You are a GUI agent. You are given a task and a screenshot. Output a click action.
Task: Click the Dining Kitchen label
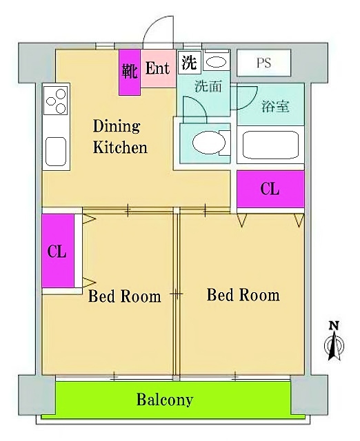(x=120, y=136)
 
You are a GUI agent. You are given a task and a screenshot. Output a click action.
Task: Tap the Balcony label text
(x=164, y=400)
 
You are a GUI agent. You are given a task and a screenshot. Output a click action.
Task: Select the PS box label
(x=263, y=63)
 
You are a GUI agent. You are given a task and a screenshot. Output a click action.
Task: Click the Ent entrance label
(x=158, y=68)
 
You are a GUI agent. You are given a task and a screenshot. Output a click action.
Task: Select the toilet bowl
(x=209, y=143)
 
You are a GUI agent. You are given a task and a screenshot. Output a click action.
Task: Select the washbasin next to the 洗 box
(x=216, y=62)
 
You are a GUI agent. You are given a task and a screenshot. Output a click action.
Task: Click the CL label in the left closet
(x=57, y=252)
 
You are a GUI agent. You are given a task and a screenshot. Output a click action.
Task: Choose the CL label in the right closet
(x=270, y=189)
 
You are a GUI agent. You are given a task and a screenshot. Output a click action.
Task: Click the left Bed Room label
(x=124, y=297)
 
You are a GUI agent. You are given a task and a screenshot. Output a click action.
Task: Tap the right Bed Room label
(x=243, y=295)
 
